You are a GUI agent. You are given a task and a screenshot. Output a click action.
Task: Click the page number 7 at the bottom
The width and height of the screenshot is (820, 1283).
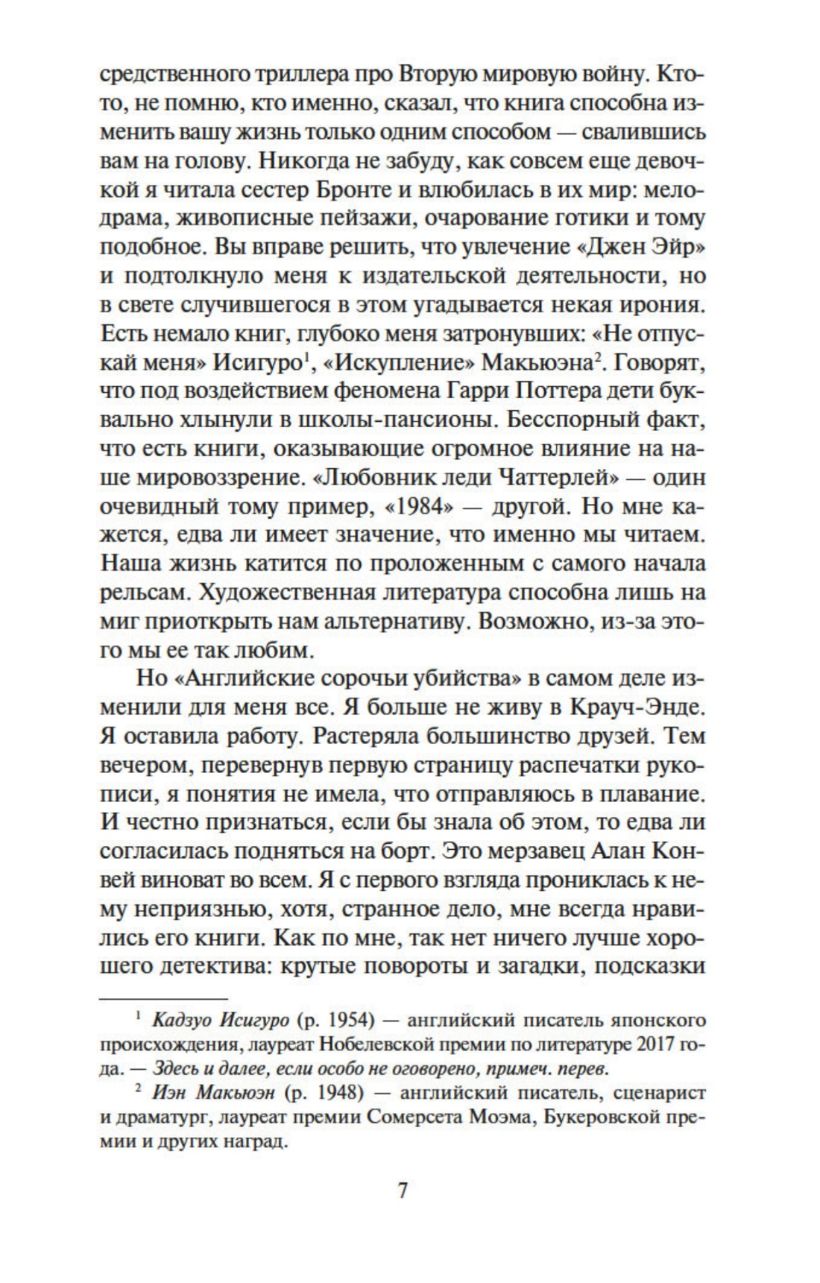[402, 1191]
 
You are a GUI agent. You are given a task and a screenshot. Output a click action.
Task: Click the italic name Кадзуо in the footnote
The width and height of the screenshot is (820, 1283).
[175, 1020]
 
